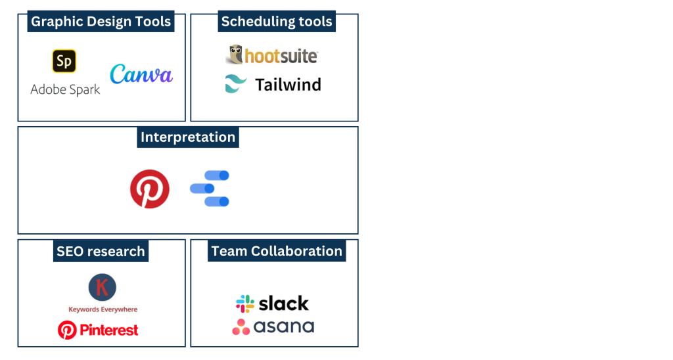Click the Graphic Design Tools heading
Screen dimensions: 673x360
click(x=101, y=22)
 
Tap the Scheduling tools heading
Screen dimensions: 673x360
click(x=277, y=22)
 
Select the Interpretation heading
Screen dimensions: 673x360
click(x=187, y=137)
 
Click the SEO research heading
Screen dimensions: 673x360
click(x=101, y=251)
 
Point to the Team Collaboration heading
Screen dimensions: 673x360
click(x=277, y=251)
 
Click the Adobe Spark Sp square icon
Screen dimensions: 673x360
click(x=64, y=61)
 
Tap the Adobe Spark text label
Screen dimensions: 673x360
click(x=65, y=90)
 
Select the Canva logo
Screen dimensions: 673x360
click(x=141, y=74)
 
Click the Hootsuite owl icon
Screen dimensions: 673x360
click(x=235, y=55)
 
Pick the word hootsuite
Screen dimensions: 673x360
click(x=281, y=56)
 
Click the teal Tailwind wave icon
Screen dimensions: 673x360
click(x=236, y=83)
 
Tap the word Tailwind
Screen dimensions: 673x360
click(x=288, y=85)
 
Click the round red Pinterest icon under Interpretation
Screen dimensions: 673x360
click(x=150, y=189)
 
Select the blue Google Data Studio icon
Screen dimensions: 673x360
click(x=210, y=189)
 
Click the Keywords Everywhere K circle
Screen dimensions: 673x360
click(x=102, y=288)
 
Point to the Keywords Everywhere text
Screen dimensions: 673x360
click(x=103, y=309)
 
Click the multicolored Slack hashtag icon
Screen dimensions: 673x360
click(x=245, y=304)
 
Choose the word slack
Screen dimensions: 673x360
click(x=284, y=304)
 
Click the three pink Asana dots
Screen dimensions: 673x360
click(x=241, y=327)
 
